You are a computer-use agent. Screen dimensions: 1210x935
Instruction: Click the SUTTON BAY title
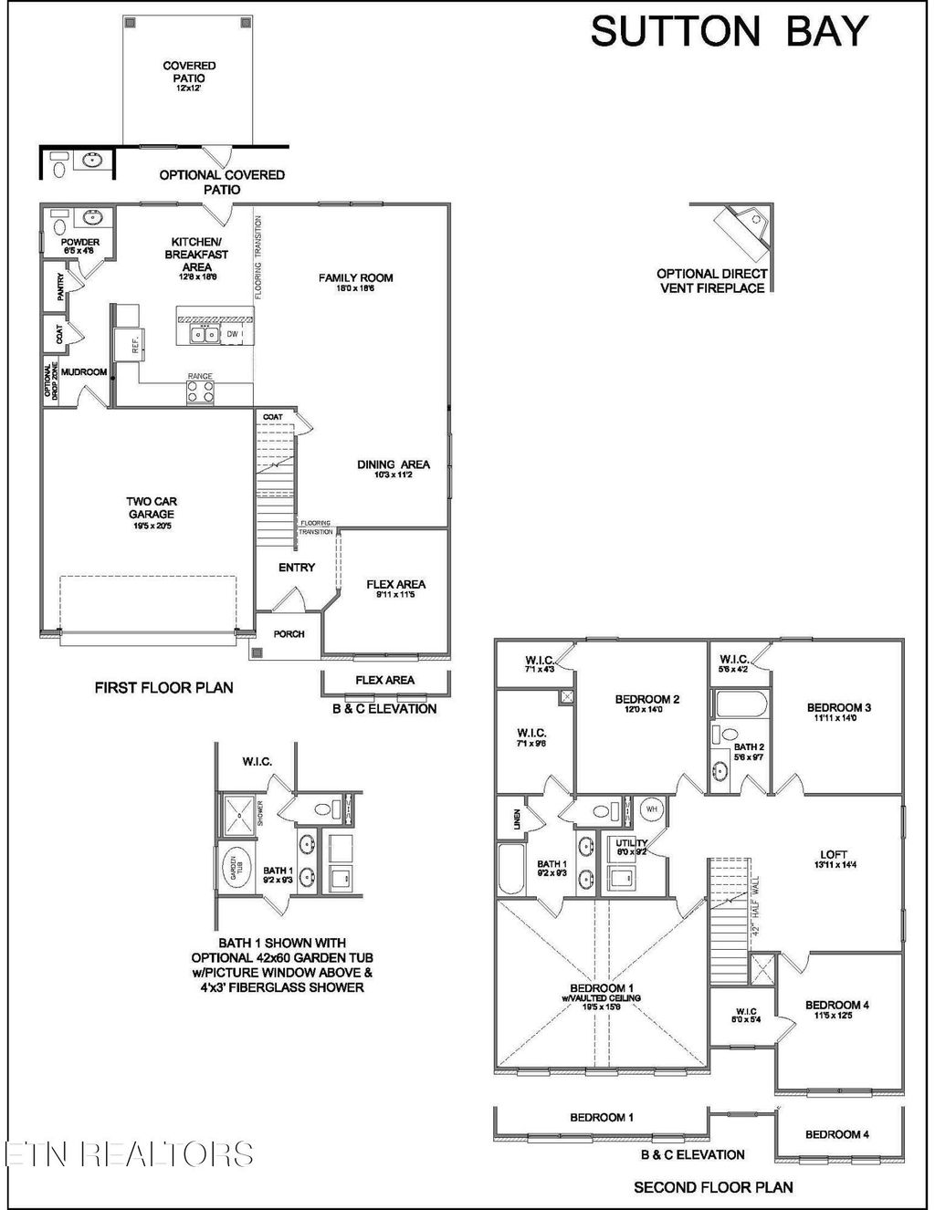coord(729,32)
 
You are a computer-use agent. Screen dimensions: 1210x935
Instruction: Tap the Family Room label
coord(355,278)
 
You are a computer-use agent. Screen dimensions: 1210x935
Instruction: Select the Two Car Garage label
coord(152,508)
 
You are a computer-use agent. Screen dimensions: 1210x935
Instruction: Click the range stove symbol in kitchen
coord(200,391)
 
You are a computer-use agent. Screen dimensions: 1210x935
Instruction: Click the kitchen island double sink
coord(204,335)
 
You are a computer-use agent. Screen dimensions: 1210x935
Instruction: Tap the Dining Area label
coord(393,465)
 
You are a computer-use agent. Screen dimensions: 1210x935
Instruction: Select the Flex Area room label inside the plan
coord(395,585)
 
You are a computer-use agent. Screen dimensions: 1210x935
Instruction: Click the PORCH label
coord(289,634)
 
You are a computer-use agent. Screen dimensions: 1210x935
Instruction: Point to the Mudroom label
coord(84,372)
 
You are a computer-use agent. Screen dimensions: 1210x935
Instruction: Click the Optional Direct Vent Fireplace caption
coord(712,280)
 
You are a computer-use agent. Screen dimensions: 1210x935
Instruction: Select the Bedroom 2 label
coord(646,700)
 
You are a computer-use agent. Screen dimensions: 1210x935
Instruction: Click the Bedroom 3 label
coord(838,707)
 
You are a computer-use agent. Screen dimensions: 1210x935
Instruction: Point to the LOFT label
coord(833,855)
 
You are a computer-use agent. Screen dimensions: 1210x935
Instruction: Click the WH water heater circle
coord(651,808)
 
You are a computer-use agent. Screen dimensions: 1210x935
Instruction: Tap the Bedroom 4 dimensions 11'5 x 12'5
coord(836,1016)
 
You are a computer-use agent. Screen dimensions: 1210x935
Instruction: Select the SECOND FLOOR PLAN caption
coord(713,1187)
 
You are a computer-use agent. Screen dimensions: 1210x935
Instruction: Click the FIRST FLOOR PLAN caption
coord(163,687)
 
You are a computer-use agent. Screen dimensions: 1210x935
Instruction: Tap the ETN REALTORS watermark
coord(128,1153)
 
